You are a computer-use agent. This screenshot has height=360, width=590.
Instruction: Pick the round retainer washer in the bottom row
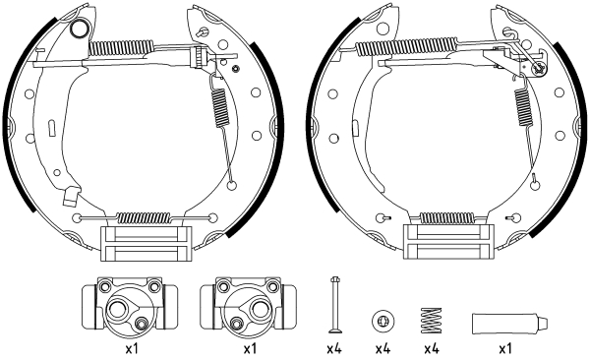click(x=382, y=321)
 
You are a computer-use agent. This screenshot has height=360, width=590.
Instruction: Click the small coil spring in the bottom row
click(x=430, y=321)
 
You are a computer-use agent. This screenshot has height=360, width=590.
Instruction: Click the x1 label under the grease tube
click(x=504, y=348)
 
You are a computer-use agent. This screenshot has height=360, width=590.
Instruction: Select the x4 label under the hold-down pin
click(x=333, y=348)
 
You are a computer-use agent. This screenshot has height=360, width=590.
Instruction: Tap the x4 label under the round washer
click(x=382, y=348)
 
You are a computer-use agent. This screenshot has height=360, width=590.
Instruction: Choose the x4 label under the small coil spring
click(x=430, y=348)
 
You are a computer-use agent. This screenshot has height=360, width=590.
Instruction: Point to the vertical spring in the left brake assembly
click(x=217, y=102)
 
